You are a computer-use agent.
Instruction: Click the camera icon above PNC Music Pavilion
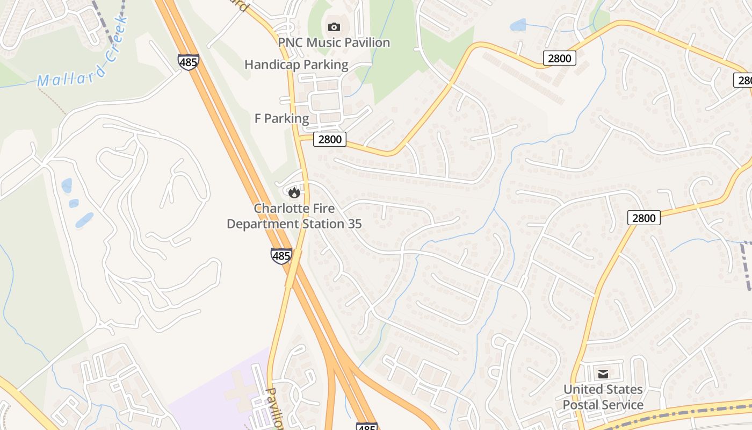coord(334,27)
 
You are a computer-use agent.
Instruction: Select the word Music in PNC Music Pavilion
coord(328,42)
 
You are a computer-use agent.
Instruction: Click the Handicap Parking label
coord(296,65)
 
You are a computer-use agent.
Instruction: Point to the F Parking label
coord(281,119)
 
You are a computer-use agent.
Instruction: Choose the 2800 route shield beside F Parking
coord(330,140)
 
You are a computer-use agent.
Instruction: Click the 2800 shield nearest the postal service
coord(643,218)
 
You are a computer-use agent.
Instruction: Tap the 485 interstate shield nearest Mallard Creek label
coord(189,62)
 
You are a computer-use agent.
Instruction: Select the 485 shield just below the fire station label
coord(281,256)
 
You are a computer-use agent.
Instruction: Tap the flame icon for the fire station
coord(294,192)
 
